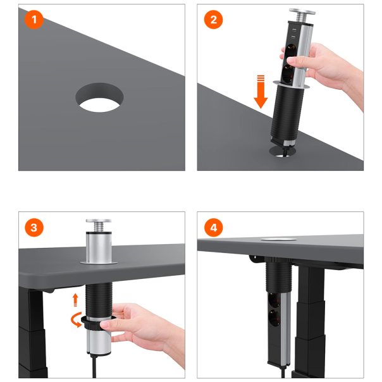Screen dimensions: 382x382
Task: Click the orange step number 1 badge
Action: [34, 20]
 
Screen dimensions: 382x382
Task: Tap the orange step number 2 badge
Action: [213, 20]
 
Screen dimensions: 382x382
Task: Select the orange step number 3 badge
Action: [34, 228]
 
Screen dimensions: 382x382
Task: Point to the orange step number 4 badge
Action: [213, 228]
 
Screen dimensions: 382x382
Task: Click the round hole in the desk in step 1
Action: [99, 97]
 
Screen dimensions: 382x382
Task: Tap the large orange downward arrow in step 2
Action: [261, 92]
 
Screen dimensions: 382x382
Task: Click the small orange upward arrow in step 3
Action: [75, 300]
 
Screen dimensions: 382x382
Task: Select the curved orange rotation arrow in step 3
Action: [76, 319]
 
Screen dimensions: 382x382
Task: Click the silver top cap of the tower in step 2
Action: [302, 11]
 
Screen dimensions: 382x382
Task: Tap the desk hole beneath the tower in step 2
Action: [283, 152]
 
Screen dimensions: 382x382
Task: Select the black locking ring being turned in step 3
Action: [97, 323]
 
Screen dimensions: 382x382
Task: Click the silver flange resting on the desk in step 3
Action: [99, 262]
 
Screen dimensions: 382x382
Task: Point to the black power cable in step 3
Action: [94, 367]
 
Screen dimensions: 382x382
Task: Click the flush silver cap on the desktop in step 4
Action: [279, 239]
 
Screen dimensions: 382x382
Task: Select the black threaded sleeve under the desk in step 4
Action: [278, 274]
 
